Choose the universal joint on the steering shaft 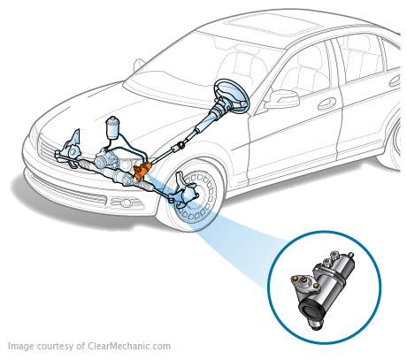point(177,143)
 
